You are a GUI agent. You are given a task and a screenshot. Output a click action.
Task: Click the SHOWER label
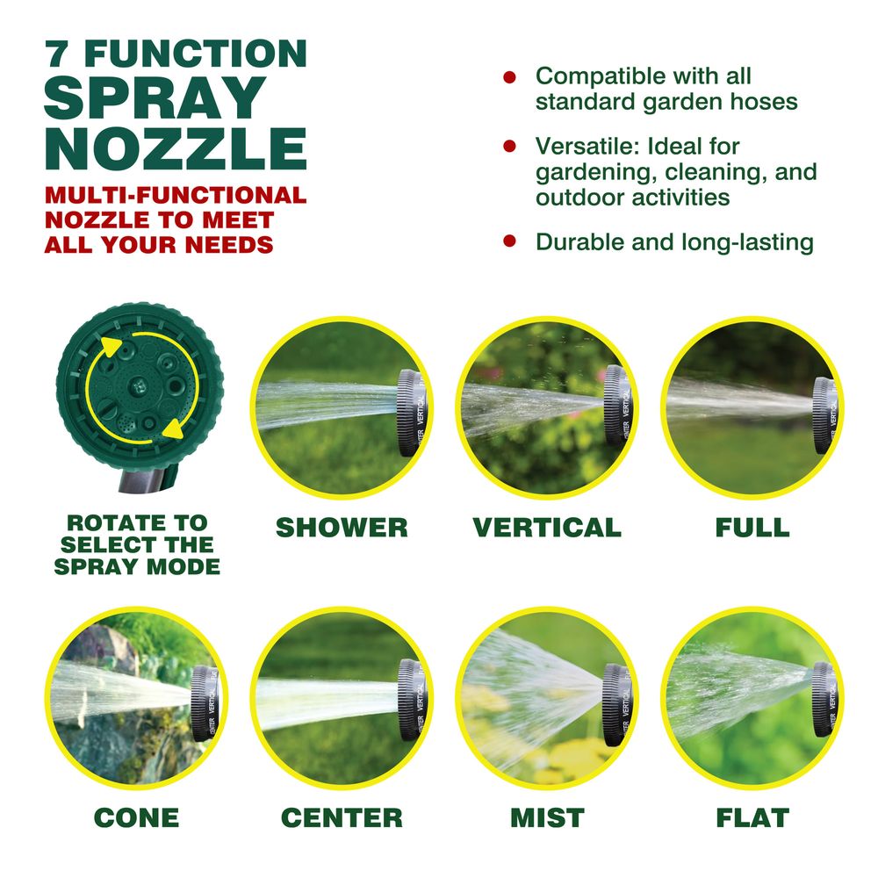342,528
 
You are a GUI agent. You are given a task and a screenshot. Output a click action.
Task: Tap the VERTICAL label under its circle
547,528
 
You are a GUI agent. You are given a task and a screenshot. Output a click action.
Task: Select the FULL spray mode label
752,528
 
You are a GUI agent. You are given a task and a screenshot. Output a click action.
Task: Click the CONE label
137,817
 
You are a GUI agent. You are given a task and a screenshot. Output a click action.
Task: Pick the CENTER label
342,817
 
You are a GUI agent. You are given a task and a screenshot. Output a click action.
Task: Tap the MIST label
547,817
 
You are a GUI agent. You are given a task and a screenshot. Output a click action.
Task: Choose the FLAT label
752,817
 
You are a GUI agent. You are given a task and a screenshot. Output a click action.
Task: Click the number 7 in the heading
58,54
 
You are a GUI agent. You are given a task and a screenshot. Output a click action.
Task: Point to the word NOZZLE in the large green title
176,148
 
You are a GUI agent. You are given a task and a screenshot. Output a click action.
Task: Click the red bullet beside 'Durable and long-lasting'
509,241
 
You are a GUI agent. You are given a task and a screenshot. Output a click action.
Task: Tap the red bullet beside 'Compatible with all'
509,77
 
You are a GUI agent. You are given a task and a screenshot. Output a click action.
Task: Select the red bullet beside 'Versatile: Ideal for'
509,146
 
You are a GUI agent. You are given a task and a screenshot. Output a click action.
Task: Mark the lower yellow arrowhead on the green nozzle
173,428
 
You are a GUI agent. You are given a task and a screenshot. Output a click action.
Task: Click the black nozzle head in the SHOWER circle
412,412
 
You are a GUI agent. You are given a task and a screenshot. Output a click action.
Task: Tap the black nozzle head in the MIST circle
617,704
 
